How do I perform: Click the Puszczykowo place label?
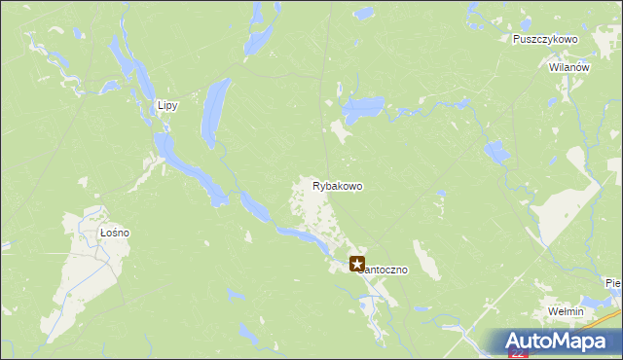click(x=545, y=39)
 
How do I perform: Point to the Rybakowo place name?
click(x=338, y=185)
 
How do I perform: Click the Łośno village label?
click(x=114, y=234)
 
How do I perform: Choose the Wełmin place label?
click(x=565, y=311)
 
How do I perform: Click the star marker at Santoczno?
click(x=357, y=263)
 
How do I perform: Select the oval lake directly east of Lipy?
click(x=213, y=112)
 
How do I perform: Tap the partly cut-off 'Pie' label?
click(x=612, y=283)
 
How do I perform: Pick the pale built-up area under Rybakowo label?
click(x=316, y=209)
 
